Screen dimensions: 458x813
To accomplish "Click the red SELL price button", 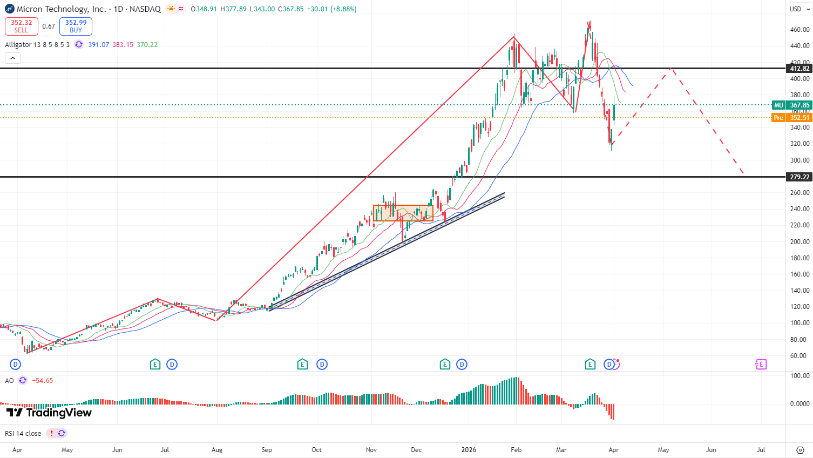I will (22, 26).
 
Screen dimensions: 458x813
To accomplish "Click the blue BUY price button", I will (76, 26).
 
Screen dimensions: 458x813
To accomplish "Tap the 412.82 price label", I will (799, 69).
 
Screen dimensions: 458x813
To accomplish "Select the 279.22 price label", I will (799, 177).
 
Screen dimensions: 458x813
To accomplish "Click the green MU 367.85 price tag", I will (792, 105).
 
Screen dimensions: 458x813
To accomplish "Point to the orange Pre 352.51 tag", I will (792, 118).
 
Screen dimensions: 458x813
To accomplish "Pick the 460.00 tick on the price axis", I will (800, 30).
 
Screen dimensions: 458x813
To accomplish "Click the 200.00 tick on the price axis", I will (800, 242).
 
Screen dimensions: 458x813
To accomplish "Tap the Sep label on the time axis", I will (267, 450).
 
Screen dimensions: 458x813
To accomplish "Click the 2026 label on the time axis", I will (469, 450).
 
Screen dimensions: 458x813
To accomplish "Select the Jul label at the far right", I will (761, 450).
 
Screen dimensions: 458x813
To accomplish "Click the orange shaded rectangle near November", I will (403, 213).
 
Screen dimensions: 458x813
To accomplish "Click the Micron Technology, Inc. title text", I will (62, 9).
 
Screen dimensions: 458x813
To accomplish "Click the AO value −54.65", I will (43, 381).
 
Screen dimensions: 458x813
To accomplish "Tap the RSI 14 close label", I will (23, 434).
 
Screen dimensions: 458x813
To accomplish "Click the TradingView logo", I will (49, 413).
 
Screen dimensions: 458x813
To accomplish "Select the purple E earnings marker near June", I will (761, 365).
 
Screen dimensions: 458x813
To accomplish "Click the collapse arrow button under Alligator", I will (12, 58).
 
